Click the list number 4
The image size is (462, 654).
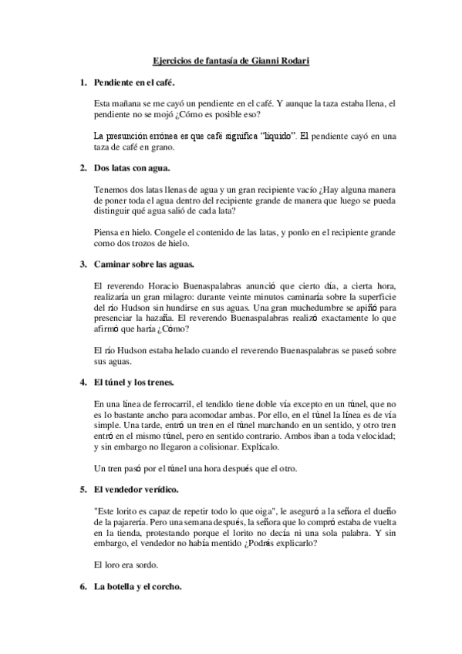click(x=83, y=382)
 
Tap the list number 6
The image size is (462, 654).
click(x=83, y=586)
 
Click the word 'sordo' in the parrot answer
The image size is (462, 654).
click(x=143, y=565)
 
